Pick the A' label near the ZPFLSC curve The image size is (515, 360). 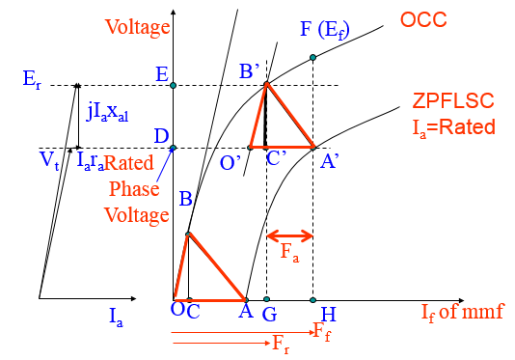[x=329, y=163]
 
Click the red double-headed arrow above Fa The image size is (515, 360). [x=289, y=235]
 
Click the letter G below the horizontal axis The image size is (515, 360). [x=268, y=315]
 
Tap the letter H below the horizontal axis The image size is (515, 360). [x=328, y=315]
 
